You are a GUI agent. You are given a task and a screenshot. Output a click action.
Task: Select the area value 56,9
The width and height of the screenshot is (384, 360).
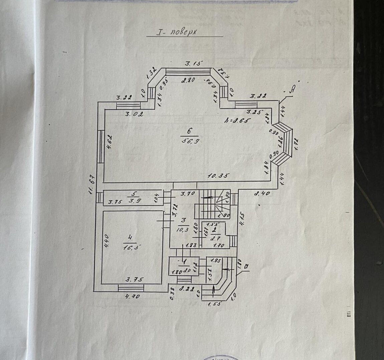click(x=189, y=140)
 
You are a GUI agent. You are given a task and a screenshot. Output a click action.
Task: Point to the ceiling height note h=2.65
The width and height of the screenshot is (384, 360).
click(x=238, y=121)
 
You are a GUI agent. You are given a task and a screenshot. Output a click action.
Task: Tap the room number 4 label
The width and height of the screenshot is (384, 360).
click(x=130, y=237)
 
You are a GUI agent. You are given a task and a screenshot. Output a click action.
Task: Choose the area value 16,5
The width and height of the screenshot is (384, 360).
click(x=131, y=247)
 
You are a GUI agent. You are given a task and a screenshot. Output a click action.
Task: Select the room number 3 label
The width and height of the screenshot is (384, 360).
click(x=183, y=220)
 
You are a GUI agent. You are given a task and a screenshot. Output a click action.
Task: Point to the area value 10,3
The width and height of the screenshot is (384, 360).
click(x=184, y=229)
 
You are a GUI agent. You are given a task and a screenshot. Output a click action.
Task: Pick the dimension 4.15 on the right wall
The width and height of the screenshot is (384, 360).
click(x=243, y=220)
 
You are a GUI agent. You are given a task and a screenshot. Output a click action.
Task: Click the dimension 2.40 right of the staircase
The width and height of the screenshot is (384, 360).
click(x=262, y=193)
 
